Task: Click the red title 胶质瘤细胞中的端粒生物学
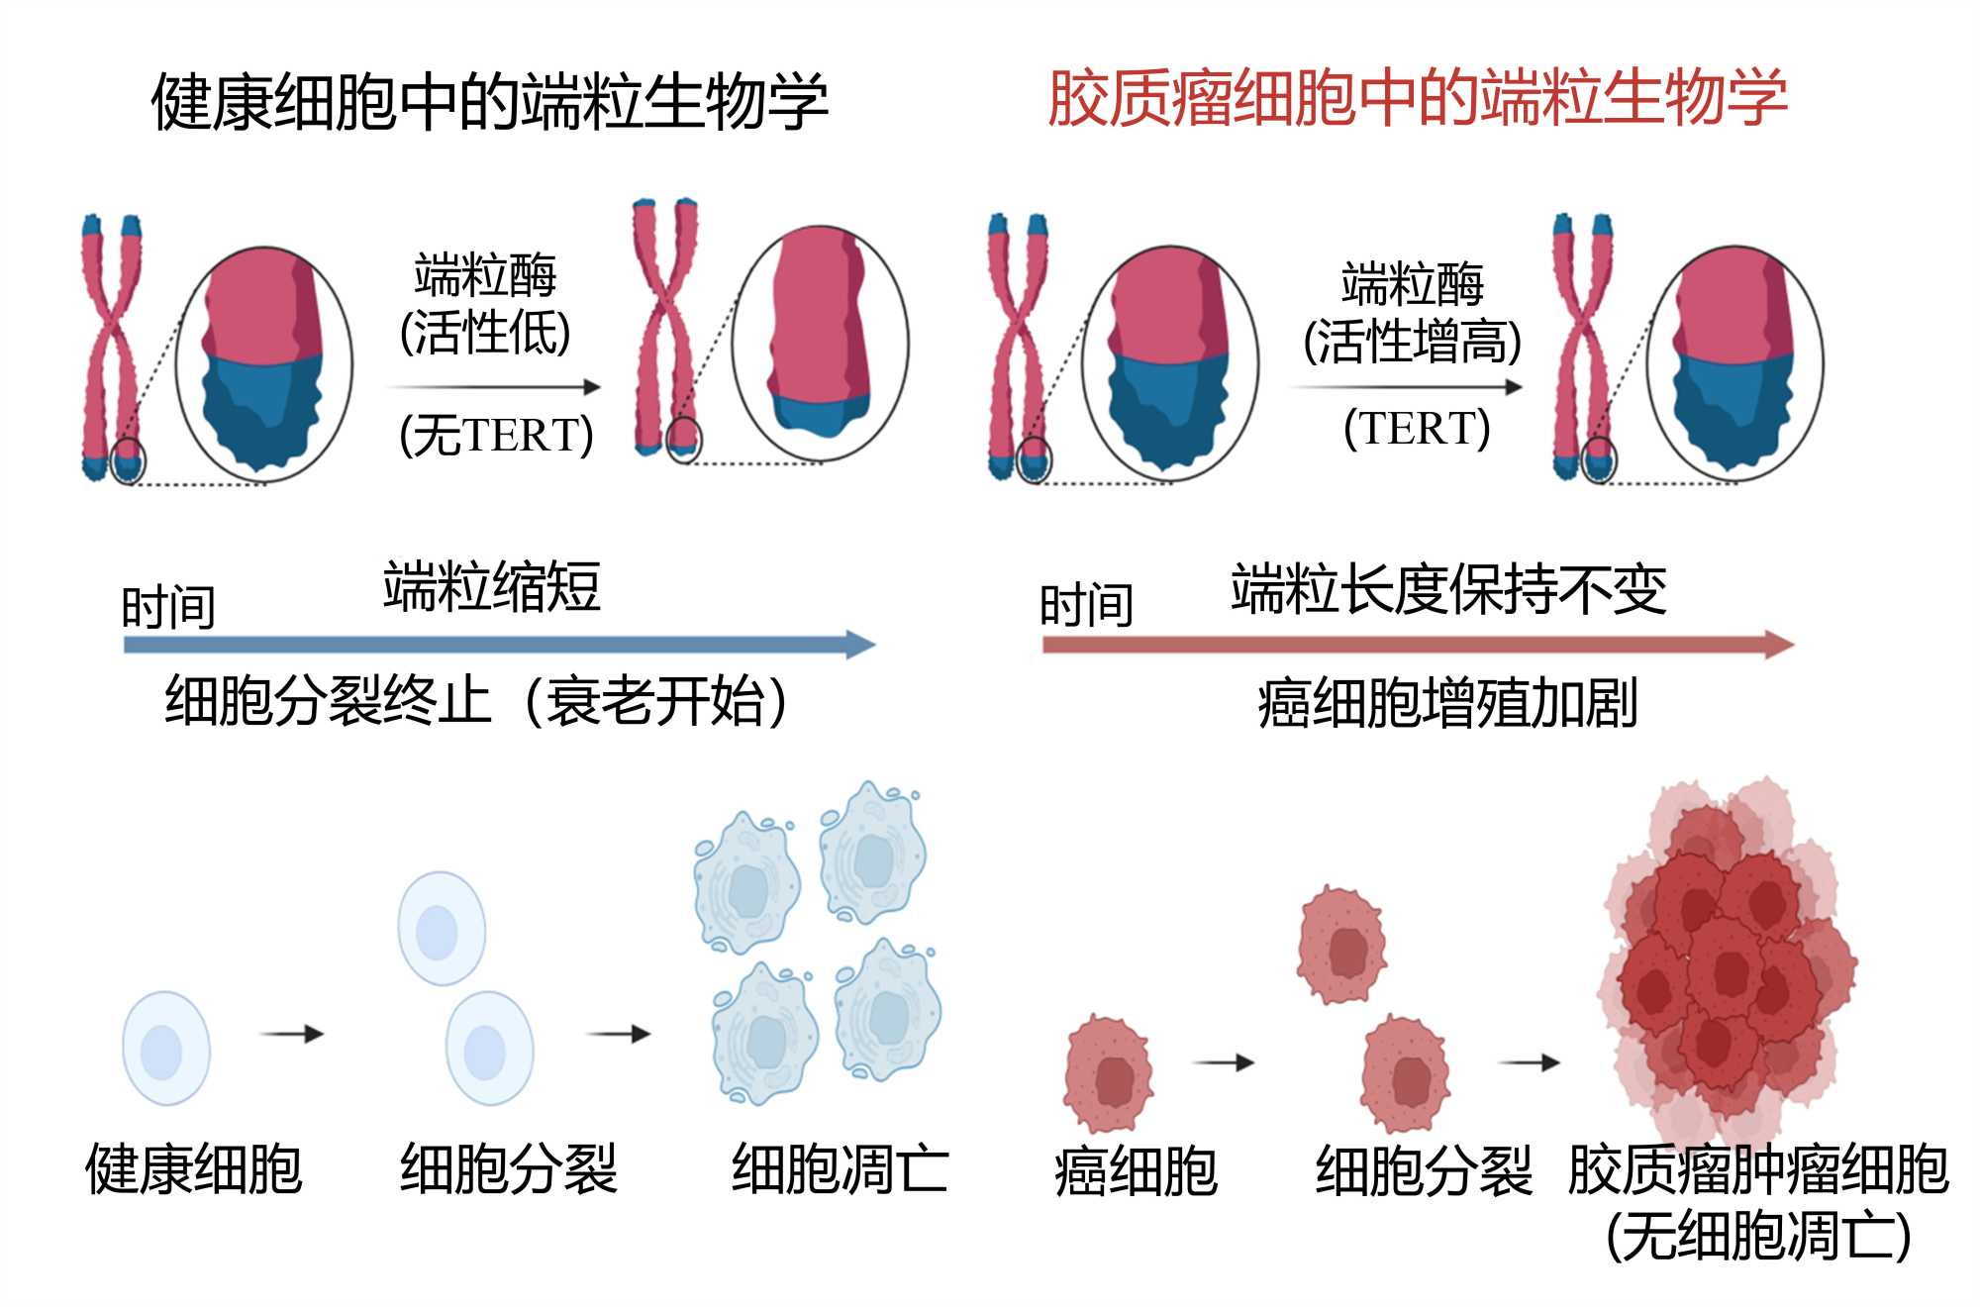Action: click(1417, 99)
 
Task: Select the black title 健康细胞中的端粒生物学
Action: click(489, 102)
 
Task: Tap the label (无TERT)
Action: click(496, 435)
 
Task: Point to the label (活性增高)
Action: click(1412, 343)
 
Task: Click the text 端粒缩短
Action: click(492, 586)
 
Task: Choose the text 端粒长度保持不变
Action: click(1448, 589)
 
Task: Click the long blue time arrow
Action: click(498, 646)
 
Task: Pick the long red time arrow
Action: click(1417, 646)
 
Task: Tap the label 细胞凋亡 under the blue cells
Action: click(840, 1169)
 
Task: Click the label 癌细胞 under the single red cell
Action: click(1136, 1171)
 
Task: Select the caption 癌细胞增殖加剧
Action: click(1447, 704)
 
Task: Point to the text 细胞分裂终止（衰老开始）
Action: click(476, 701)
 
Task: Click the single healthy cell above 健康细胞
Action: click(165, 1048)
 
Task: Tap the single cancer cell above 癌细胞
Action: click(1109, 1073)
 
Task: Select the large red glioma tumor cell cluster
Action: click(1728, 965)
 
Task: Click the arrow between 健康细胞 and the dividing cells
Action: click(291, 1034)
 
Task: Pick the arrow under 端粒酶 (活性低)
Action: click(494, 387)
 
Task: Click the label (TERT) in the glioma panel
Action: click(1417, 429)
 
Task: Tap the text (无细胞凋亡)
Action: click(1758, 1236)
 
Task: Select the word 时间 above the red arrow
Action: click(1086, 606)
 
